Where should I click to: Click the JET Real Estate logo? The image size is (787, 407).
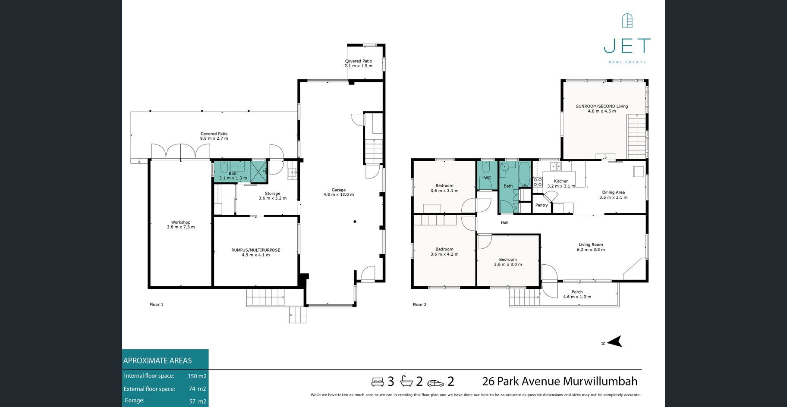(627, 39)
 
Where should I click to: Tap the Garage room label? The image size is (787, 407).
(339, 192)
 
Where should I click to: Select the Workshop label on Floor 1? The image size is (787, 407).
(181, 225)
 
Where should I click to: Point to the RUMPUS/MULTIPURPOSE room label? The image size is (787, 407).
(256, 252)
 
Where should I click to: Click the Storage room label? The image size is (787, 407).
(273, 196)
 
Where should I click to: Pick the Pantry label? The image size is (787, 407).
(541, 205)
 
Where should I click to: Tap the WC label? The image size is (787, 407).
(488, 178)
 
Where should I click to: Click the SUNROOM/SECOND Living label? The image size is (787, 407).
(602, 109)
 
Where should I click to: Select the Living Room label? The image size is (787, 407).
(591, 247)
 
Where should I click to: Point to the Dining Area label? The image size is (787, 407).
(614, 195)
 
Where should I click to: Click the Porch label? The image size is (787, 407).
(577, 294)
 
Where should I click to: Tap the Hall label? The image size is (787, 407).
(504, 222)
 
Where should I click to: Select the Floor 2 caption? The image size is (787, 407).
(419, 304)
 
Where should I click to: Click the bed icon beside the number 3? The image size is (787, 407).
(378, 382)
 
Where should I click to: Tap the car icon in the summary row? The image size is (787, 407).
(435, 383)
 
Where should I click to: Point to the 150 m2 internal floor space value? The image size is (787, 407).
(197, 376)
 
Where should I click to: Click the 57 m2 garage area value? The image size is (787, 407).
(198, 401)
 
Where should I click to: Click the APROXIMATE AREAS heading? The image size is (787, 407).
(157, 360)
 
